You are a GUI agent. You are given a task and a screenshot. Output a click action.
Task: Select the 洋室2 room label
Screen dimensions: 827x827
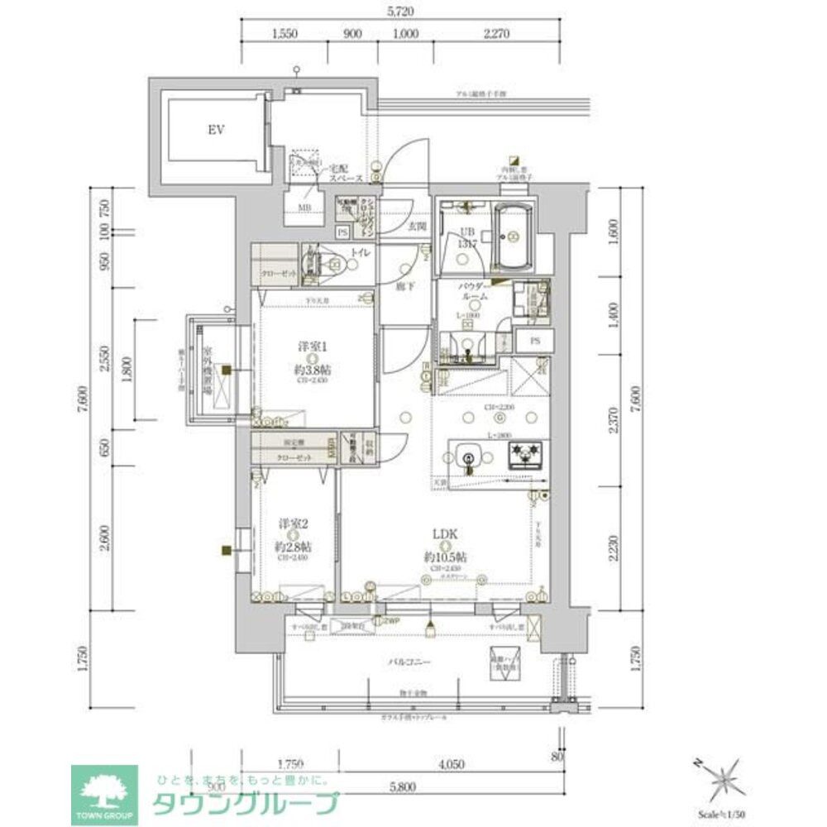click(x=294, y=523)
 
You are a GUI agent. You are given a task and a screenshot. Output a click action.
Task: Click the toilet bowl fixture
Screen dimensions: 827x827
click(x=334, y=265)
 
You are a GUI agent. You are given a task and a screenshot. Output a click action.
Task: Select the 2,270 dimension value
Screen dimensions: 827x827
click(x=497, y=34)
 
